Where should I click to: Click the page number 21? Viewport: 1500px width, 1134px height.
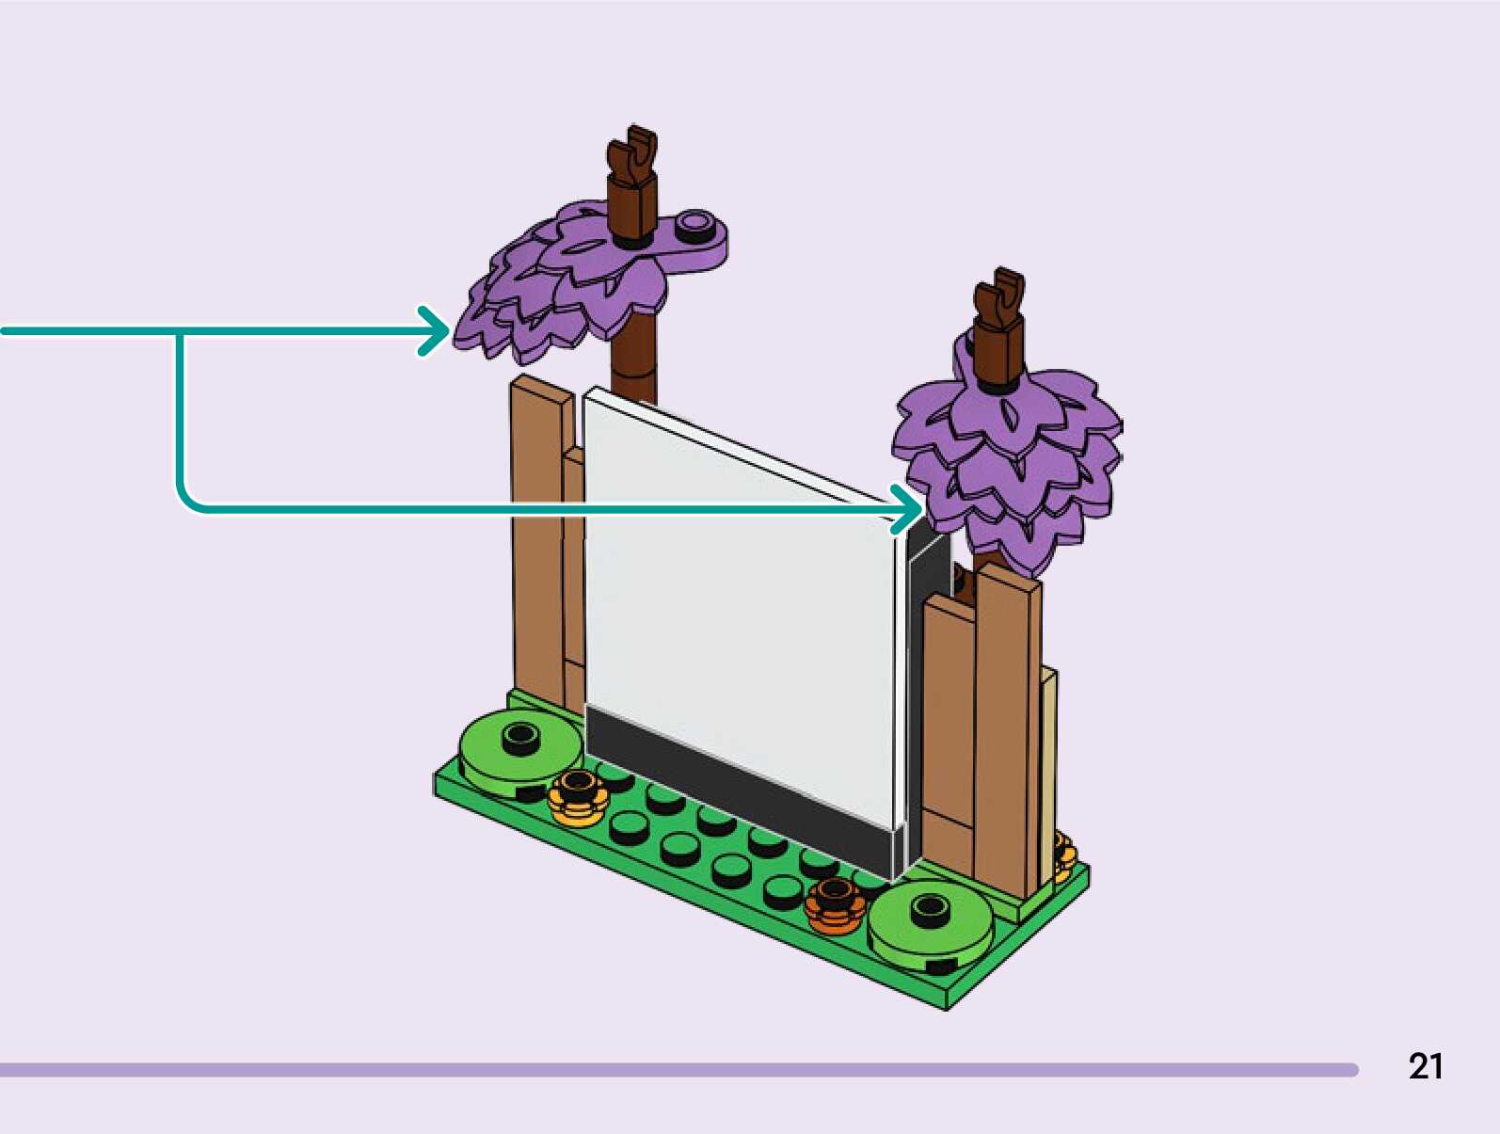click(x=1425, y=1066)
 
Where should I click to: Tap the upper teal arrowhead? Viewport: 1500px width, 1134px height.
click(x=434, y=330)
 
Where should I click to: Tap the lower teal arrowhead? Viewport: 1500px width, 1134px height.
click(x=907, y=510)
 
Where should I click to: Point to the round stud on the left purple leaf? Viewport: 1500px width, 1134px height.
click(x=695, y=224)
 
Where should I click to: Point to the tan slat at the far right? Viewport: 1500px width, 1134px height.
click(x=1047, y=772)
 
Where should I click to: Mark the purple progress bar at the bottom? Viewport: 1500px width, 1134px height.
click(x=678, y=1070)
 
